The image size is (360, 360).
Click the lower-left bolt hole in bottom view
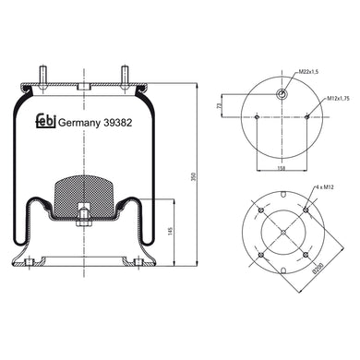point(262,256)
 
